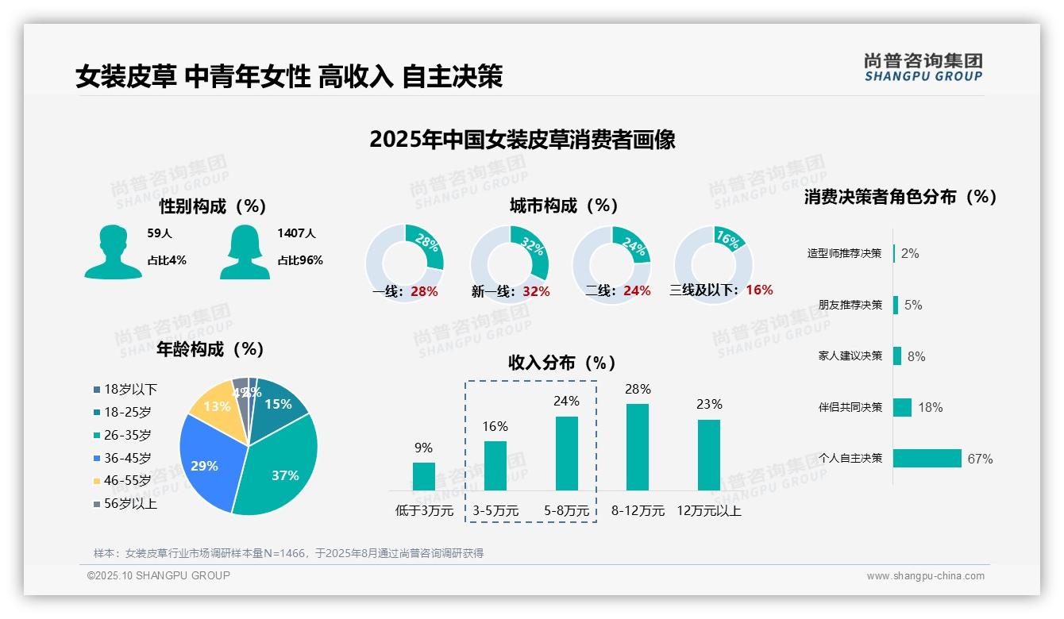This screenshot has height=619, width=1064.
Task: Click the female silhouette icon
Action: (245, 252)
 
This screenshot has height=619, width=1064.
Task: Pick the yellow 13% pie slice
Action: (216, 409)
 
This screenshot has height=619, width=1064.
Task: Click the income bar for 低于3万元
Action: (424, 476)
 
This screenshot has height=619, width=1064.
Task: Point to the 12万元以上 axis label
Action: (708, 511)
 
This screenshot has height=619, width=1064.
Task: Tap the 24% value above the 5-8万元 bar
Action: (566, 402)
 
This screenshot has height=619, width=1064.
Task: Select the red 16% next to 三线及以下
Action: (759, 290)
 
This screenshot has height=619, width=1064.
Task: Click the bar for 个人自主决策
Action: (927, 458)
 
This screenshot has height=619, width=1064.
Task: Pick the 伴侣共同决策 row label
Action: (850, 407)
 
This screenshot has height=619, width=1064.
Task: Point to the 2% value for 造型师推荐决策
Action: (910, 254)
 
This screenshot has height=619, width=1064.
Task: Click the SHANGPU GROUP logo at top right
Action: (923, 67)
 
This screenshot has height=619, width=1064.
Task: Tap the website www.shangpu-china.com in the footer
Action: (925, 576)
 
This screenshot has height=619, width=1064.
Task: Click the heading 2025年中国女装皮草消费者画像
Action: (522, 140)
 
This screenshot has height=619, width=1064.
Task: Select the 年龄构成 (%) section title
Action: (210, 349)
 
